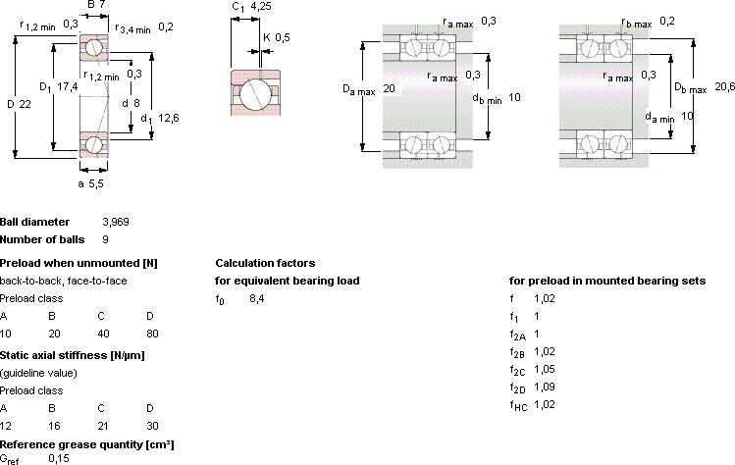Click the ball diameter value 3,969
pos(116,222)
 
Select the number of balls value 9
pos(105,239)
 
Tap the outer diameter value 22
pos(26,104)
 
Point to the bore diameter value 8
pos(136,103)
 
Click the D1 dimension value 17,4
pos(68,86)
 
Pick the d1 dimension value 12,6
pos(169,118)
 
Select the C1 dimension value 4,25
pos(261,6)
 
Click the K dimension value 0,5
pos(283,37)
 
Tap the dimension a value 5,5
pos(96,183)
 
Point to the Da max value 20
pos(389,88)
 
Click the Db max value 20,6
pos(724,86)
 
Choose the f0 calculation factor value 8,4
pos(257,298)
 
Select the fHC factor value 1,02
pos(545,404)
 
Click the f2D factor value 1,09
pos(545,387)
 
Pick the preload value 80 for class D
pos(152,334)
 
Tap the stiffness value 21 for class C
pos(103,426)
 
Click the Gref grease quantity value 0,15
pos(59,458)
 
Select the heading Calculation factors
pos(265,263)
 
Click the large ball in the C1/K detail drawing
pos(255,93)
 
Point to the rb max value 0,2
pos(667,22)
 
